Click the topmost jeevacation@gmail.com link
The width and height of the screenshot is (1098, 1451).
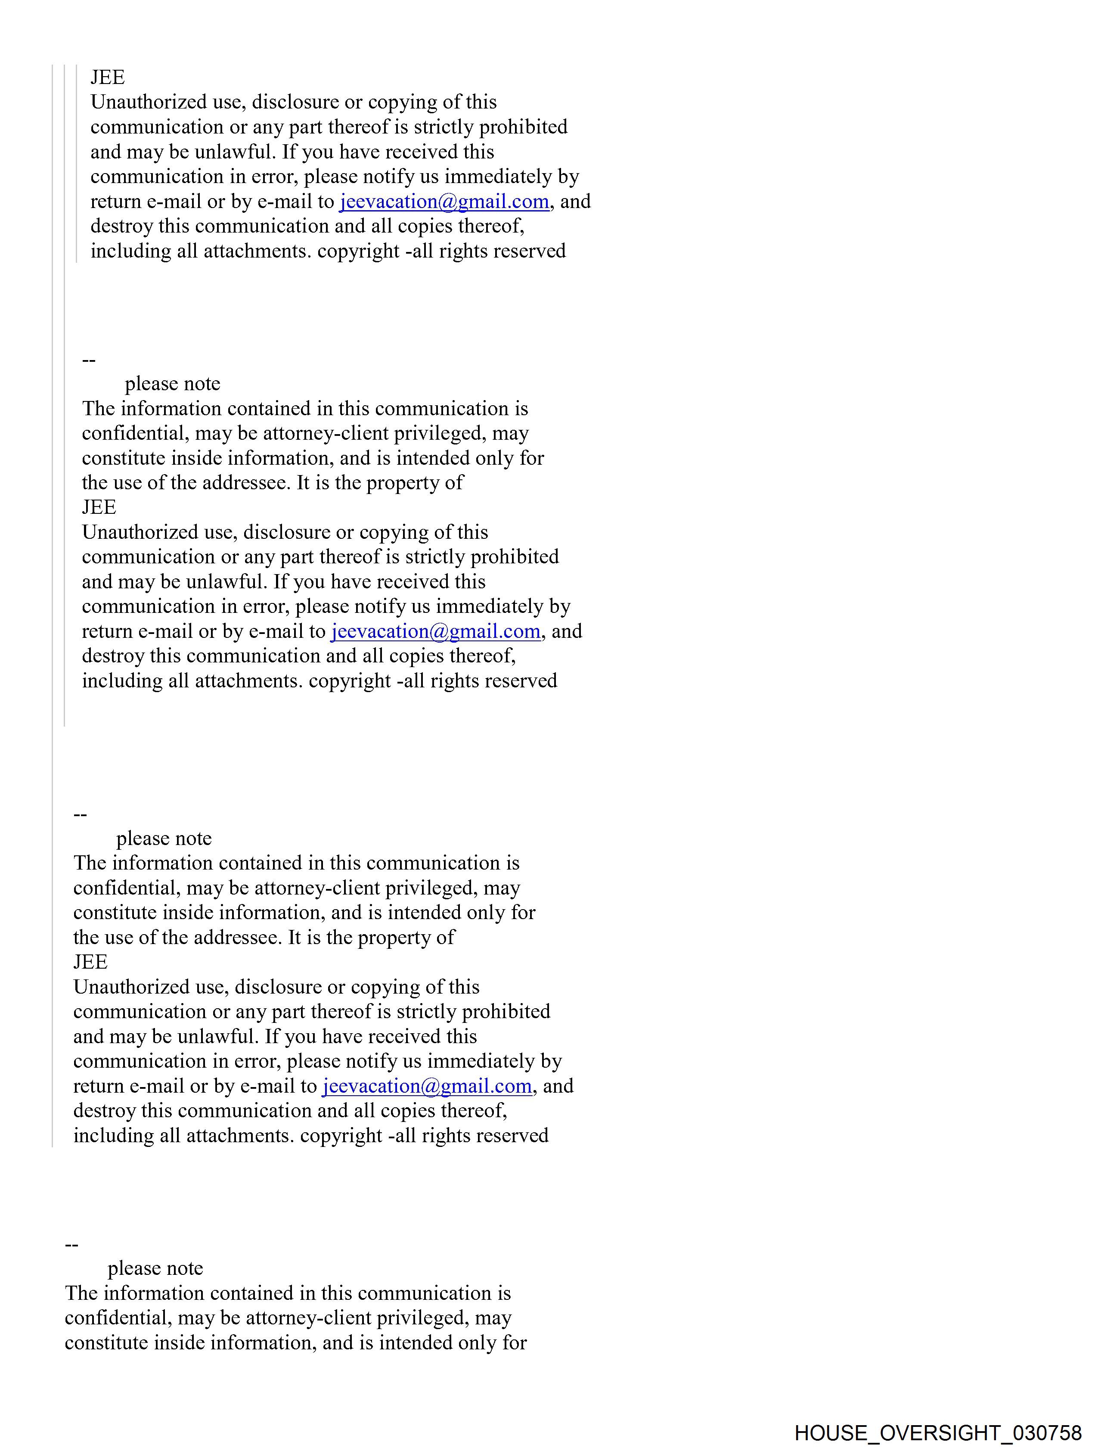tap(444, 202)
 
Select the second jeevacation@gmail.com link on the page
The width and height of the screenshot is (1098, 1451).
tap(435, 631)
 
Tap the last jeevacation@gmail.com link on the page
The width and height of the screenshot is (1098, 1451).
tap(427, 1086)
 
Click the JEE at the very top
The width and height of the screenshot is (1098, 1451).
tap(108, 78)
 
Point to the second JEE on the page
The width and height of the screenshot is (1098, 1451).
tap(99, 507)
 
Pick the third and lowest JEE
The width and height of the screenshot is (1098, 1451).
tap(90, 962)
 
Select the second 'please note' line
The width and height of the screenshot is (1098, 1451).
tap(164, 838)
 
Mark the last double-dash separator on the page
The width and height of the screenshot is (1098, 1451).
tap(72, 1244)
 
